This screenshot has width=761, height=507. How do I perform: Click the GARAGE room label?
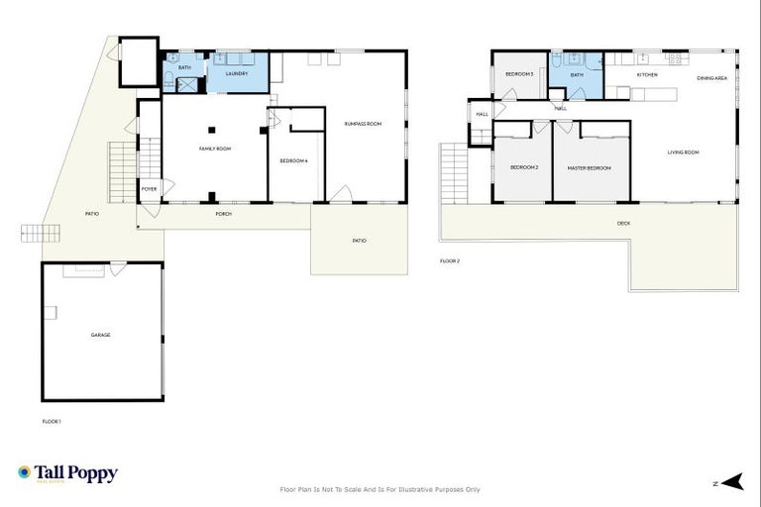tap(100, 335)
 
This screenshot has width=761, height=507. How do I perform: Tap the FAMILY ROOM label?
tap(215, 149)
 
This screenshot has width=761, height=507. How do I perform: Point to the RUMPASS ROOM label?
tap(363, 124)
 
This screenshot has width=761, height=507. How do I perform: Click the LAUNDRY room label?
tap(237, 73)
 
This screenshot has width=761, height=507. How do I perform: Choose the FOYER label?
tap(149, 188)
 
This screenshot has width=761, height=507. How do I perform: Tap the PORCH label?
tap(224, 214)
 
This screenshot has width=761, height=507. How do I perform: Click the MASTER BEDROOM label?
tap(589, 167)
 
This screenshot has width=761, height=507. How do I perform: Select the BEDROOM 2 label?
tap(524, 167)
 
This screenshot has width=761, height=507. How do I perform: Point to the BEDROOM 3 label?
tap(519, 74)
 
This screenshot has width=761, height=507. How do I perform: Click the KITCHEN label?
tap(647, 74)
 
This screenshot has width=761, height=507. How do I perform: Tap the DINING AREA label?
tap(712, 77)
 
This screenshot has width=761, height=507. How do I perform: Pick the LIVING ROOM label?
tap(683, 152)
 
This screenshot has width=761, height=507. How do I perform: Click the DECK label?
tap(623, 223)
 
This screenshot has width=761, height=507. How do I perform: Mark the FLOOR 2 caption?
tap(450, 261)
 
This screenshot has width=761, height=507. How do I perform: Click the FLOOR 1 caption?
tap(52, 422)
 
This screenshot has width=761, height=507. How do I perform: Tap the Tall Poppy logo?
tap(67, 473)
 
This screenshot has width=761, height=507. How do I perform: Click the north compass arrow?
tap(731, 482)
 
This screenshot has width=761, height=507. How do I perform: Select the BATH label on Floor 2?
tap(577, 74)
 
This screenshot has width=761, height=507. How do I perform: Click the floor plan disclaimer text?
tap(380, 489)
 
